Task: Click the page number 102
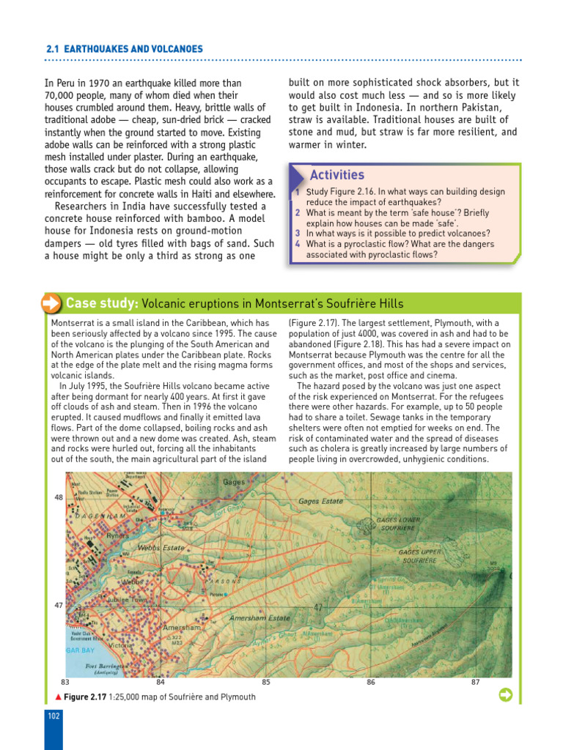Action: point(54,716)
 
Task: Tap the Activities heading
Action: point(336,175)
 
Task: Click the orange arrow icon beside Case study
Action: point(51,303)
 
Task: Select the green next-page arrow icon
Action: point(505,694)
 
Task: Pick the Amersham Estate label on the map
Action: point(260,618)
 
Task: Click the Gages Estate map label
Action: point(321,502)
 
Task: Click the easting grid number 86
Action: point(371,682)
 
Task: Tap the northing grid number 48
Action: point(59,497)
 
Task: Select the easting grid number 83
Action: point(65,682)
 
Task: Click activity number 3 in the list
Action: point(298,234)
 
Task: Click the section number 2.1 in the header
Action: point(51,49)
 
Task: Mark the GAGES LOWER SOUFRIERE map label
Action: point(398,523)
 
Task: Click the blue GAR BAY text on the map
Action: point(80,650)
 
